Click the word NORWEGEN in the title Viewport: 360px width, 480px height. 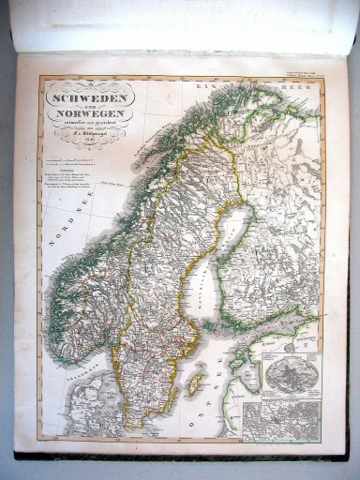pyautogui.click(x=91, y=112)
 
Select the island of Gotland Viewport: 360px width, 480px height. pyautogui.click(x=196, y=381)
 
